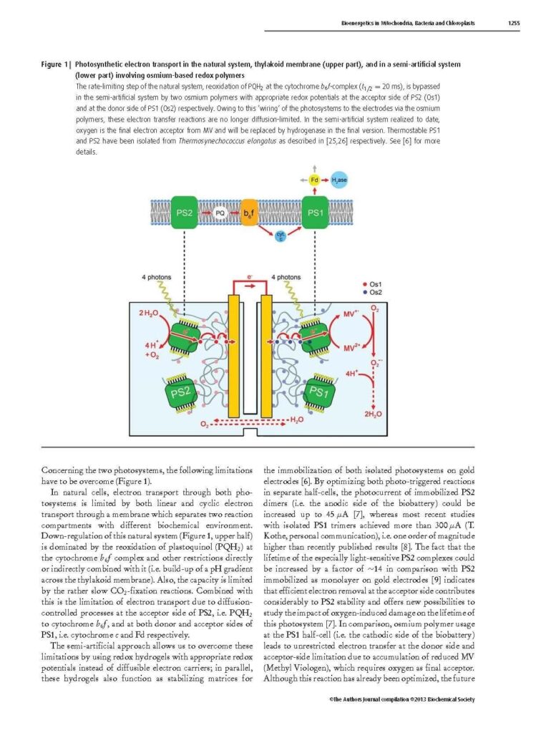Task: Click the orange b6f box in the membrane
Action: [x=248, y=213]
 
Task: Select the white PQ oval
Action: [x=221, y=213]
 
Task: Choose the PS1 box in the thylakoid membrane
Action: [x=316, y=213]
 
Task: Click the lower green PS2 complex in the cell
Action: [x=182, y=392]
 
